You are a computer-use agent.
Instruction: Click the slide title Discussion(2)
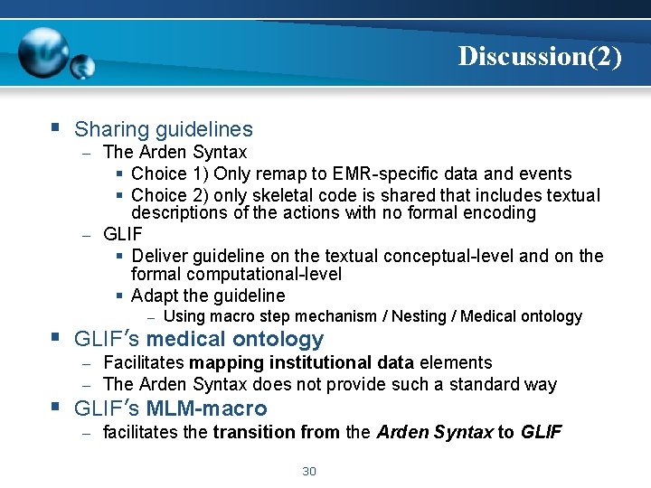[540, 56]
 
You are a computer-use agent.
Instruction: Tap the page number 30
[308, 471]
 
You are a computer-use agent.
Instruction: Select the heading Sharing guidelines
[164, 130]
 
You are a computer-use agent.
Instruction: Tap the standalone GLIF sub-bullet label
[123, 234]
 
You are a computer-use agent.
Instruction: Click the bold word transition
[255, 432]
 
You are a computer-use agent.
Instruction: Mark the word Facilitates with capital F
[144, 362]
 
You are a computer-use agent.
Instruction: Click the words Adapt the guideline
[208, 296]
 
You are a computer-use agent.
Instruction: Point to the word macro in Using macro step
[230, 316]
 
